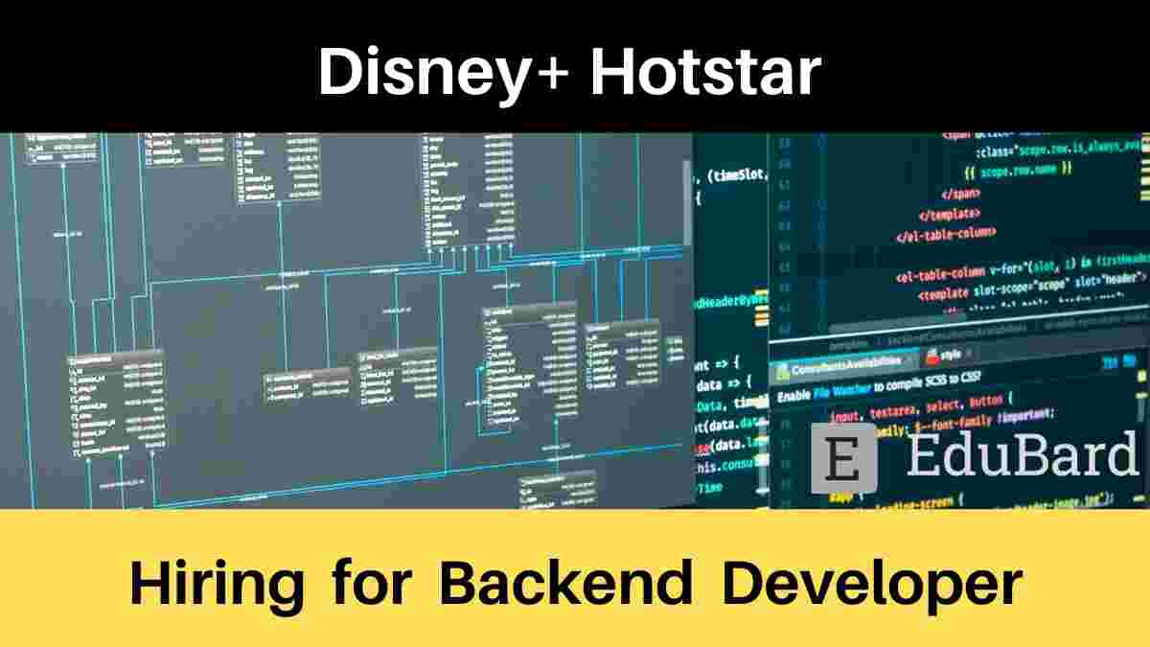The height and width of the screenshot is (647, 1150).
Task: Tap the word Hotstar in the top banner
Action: [705, 72]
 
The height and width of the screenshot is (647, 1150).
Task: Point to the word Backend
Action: [566, 583]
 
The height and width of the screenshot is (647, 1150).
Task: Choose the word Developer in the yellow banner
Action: [872, 583]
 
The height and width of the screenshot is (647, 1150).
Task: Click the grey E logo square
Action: [842, 459]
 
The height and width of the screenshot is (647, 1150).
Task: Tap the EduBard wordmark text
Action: [1018, 458]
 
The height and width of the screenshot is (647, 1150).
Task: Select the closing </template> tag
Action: [950, 213]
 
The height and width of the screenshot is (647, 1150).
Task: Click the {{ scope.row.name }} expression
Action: [1017, 170]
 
